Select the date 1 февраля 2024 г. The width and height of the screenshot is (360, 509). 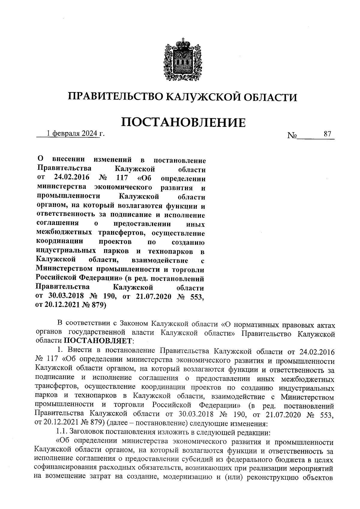tap(75, 134)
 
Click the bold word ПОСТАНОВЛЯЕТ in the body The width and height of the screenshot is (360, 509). tap(97, 341)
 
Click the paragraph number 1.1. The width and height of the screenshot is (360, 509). tap(62, 432)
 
